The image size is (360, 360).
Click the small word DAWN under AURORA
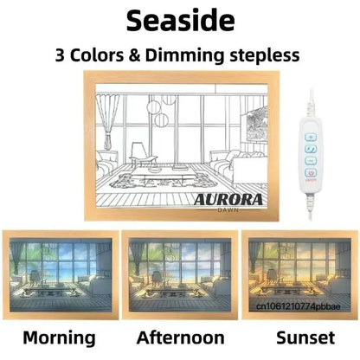tap(228, 210)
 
